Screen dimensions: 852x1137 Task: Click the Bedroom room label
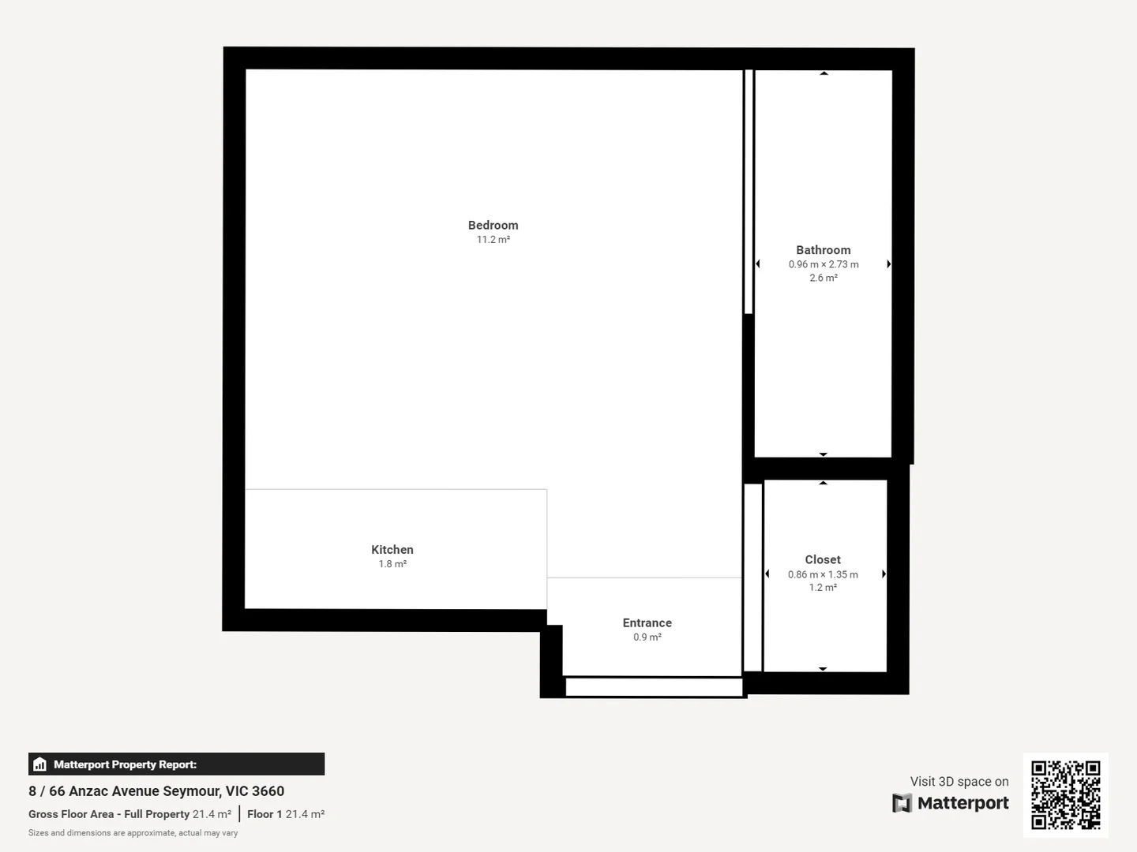pyautogui.click(x=493, y=226)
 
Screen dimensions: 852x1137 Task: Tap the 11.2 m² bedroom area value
pyautogui.click(x=493, y=240)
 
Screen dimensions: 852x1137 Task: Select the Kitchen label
pyautogui.click(x=392, y=550)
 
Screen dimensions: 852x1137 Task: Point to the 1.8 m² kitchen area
pyautogui.click(x=392, y=564)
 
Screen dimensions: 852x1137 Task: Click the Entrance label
pyautogui.click(x=647, y=623)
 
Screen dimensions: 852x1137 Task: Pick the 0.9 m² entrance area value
pyautogui.click(x=647, y=637)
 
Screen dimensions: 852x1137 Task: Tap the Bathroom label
pyautogui.click(x=823, y=250)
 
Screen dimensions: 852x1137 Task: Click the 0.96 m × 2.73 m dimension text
pyautogui.click(x=823, y=264)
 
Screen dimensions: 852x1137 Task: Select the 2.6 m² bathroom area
pyautogui.click(x=823, y=278)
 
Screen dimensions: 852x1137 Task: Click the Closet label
pyautogui.click(x=822, y=560)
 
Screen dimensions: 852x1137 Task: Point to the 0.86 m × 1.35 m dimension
pyautogui.click(x=822, y=574)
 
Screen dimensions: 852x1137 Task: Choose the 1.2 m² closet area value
pyautogui.click(x=822, y=588)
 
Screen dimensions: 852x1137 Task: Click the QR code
pyautogui.click(x=1065, y=794)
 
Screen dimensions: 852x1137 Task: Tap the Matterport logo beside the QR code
pyautogui.click(x=951, y=803)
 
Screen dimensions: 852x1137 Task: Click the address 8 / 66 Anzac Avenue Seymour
pyautogui.click(x=156, y=791)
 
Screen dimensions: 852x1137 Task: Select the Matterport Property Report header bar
pyautogui.click(x=176, y=764)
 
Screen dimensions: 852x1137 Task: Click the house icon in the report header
pyautogui.click(x=40, y=764)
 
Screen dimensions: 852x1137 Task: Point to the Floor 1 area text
pyautogui.click(x=285, y=814)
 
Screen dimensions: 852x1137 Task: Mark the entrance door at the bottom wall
pyautogui.click(x=654, y=687)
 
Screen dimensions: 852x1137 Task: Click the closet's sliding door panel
pyautogui.click(x=752, y=577)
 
